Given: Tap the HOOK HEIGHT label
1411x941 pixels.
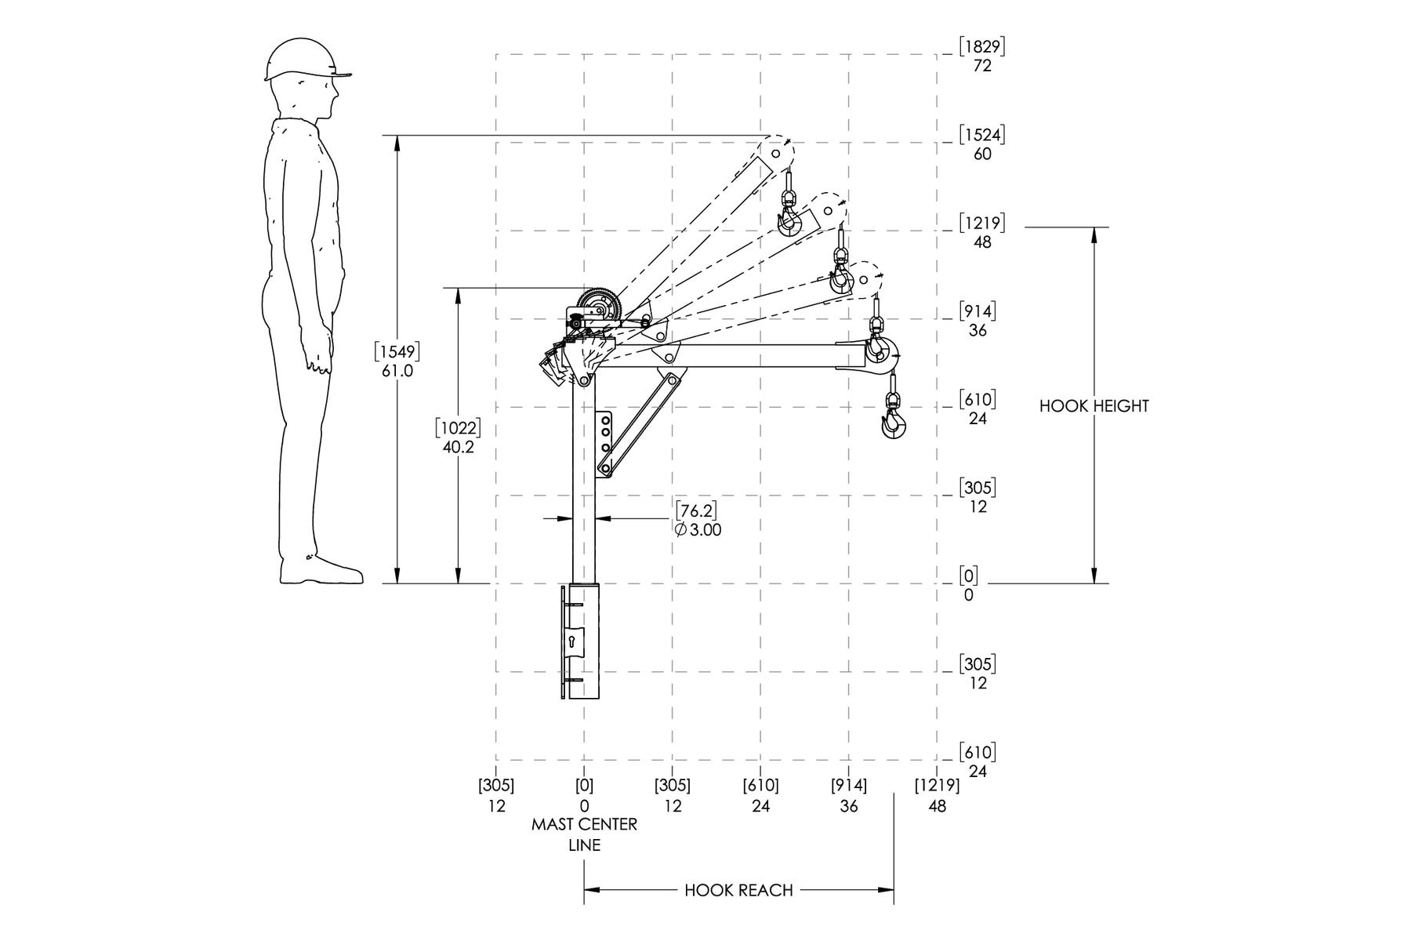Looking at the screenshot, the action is pos(1094,406).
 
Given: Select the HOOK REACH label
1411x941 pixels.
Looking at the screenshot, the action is pos(738,890).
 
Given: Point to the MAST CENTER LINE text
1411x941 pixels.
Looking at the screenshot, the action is pos(584,834).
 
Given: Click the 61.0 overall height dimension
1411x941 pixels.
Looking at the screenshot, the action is pos(397,371).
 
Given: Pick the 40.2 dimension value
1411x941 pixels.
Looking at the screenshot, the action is pos(459,448).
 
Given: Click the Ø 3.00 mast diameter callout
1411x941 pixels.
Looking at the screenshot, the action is pos(698,530).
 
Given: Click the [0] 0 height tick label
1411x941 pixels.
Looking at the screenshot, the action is pos(970,585).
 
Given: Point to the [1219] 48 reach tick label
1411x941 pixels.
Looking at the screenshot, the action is pos(937,795).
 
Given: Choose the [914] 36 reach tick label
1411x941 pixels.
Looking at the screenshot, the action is pos(849,795).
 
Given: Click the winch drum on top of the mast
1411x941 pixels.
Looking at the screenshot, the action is pos(598,307).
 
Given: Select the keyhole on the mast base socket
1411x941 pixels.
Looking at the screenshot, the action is pos(572,642).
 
